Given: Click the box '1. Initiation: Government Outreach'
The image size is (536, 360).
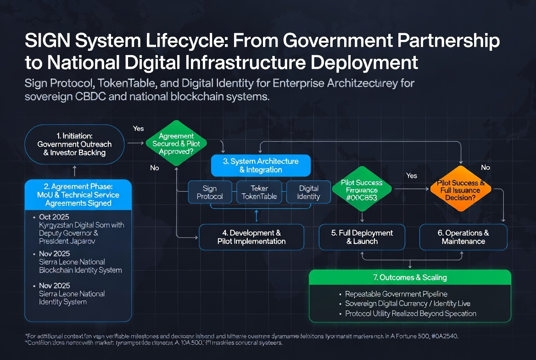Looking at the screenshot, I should pos(74,144).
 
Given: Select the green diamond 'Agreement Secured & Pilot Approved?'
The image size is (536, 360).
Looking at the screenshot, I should pos(176,144).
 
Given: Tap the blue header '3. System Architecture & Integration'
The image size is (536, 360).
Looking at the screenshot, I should pos(261,166).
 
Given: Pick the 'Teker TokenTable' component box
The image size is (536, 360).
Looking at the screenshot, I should pos(259,192).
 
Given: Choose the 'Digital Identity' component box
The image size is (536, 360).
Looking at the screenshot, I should pos(308,192).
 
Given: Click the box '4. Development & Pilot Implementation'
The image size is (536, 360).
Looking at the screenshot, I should pos(251,237).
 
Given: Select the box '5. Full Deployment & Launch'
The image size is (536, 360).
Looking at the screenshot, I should pos(362,237).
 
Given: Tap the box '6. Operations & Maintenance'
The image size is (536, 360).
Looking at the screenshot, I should pos(463,237).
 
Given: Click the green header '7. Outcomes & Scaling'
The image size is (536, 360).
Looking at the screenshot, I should pos(410,277).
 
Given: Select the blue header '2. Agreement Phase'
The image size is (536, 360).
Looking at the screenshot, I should pos(78,195).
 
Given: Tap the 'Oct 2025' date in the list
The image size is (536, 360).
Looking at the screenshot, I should pos(54,217).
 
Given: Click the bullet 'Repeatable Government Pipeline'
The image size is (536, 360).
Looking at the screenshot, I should pos(396,294).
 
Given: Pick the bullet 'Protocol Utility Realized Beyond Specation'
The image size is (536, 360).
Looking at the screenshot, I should pos(410,314).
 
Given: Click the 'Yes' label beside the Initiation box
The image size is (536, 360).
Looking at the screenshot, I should pos(139,129).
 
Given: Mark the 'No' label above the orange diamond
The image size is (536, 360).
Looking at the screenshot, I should pos(486,168).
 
